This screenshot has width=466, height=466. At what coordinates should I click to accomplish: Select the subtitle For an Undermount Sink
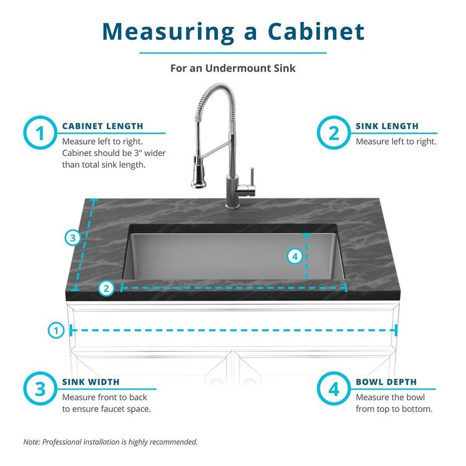click(x=233, y=68)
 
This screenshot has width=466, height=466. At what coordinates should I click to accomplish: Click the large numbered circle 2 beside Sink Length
click(x=334, y=134)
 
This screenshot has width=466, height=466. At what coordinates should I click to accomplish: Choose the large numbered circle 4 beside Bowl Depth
click(x=334, y=389)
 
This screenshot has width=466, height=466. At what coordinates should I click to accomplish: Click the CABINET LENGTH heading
click(x=103, y=126)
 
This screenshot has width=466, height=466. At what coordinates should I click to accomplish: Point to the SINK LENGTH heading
click(x=387, y=126)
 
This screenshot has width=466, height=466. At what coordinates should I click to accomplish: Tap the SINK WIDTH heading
click(x=91, y=382)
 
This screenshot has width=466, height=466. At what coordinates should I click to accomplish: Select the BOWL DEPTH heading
click(x=386, y=382)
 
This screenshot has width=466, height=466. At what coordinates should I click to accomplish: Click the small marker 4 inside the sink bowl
click(x=295, y=255)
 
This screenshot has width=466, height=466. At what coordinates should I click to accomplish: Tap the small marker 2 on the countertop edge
click(x=106, y=288)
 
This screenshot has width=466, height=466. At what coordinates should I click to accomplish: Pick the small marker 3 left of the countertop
click(x=73, y=237)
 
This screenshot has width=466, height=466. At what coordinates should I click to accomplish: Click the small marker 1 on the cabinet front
click(x=56, y=331)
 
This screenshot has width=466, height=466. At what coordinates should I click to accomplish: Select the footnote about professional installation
click(x=111, y=442)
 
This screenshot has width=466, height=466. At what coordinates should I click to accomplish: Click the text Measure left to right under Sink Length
click(x=396, y=141)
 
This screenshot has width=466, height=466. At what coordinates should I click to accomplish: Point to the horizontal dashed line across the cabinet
click(x=233, y=331)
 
